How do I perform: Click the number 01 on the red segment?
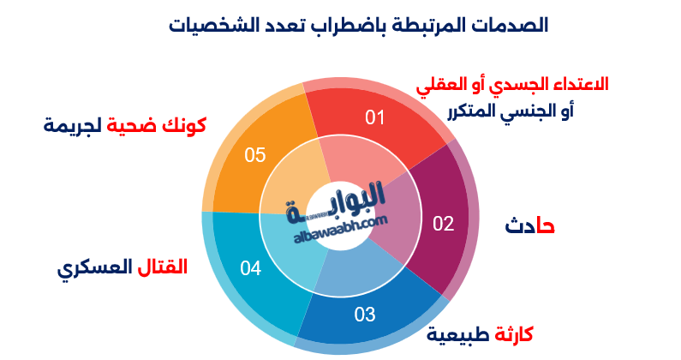(x=374, y=117)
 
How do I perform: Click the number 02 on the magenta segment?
(x=443, y=225)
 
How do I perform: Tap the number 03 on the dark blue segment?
(x=365, y=315)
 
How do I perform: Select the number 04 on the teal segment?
(x=250, y=268)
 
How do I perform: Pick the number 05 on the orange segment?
(x=255, y=155)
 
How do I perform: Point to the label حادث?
(x=529, y=226)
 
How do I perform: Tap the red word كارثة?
(x=511, y=333)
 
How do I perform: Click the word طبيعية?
(x=456, y=333)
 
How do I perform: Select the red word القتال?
(x=163, y=267)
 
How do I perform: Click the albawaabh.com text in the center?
(x=340, y=225)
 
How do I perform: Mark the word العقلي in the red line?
(x=439, y=85)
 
